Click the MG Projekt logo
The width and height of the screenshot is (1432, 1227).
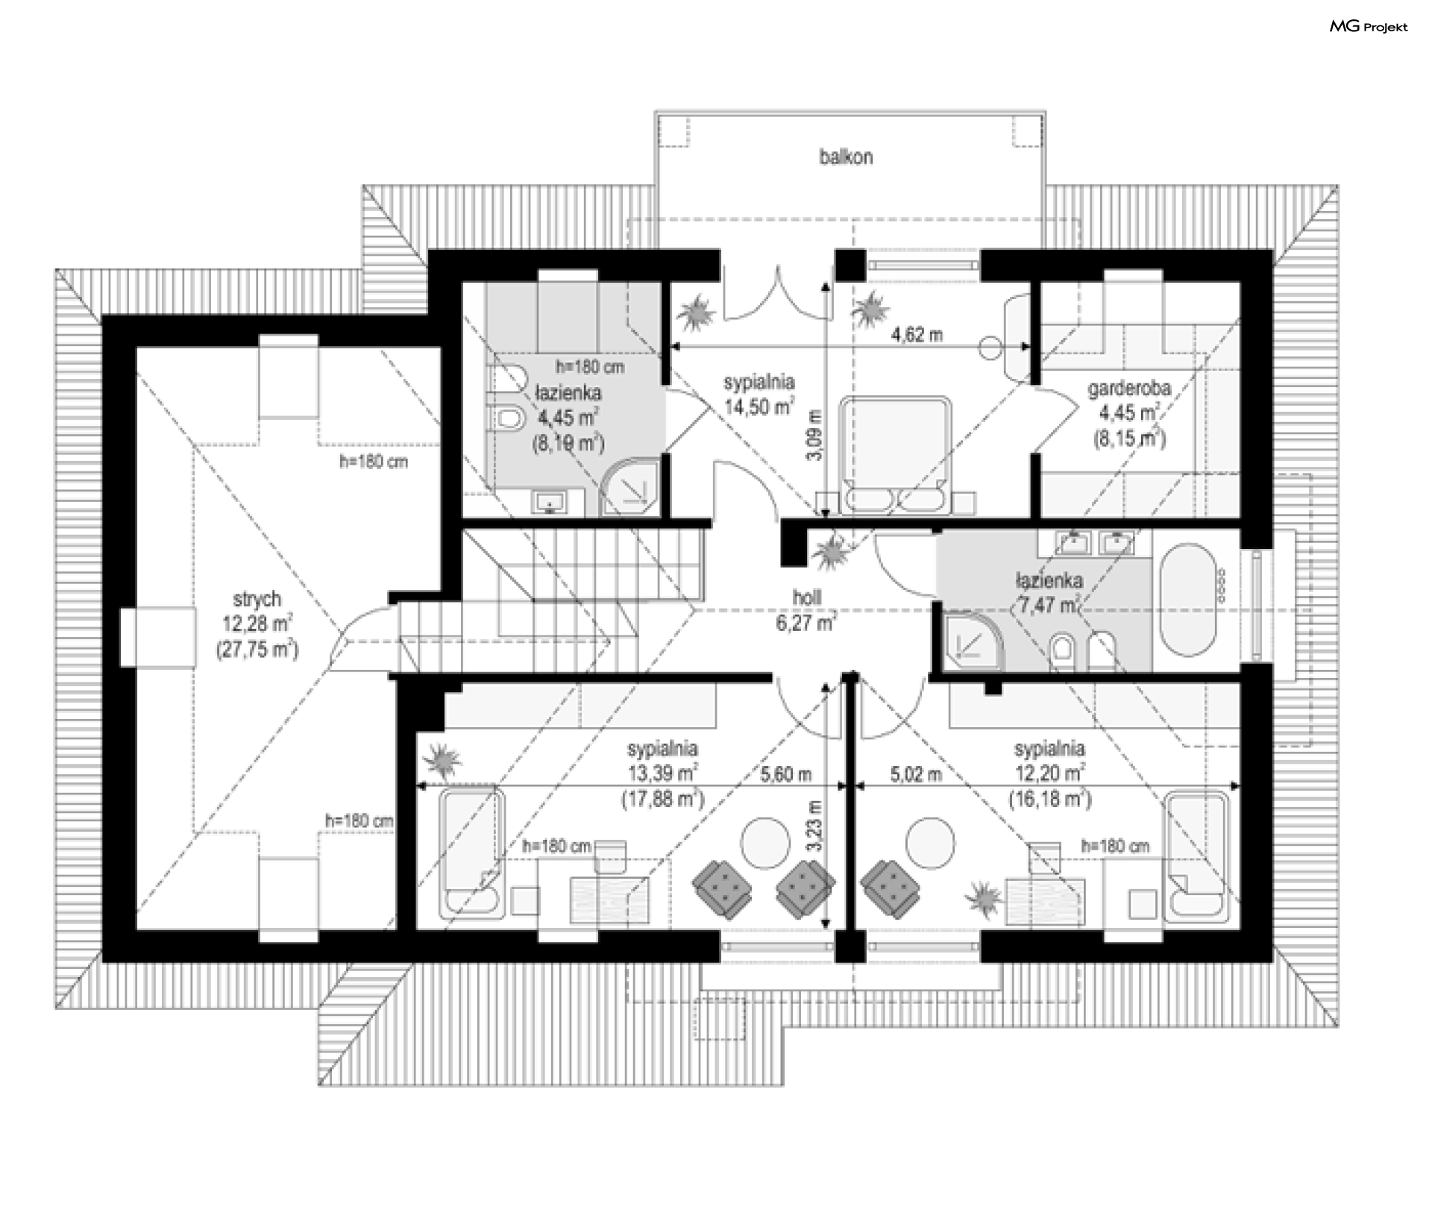click(1369, 27)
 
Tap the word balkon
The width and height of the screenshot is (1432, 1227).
click(846, 157)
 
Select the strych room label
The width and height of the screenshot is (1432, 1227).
click(257, 599)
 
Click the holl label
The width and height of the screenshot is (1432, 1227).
click(807, 597)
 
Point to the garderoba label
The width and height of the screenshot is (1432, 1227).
click(1128, 388)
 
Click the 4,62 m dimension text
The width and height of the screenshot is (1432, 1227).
click(917, 335)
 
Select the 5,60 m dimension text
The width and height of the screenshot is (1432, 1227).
click(785, 775)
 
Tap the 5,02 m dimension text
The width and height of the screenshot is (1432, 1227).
click(916, 775)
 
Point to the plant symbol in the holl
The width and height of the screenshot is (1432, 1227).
click(828, 553)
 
